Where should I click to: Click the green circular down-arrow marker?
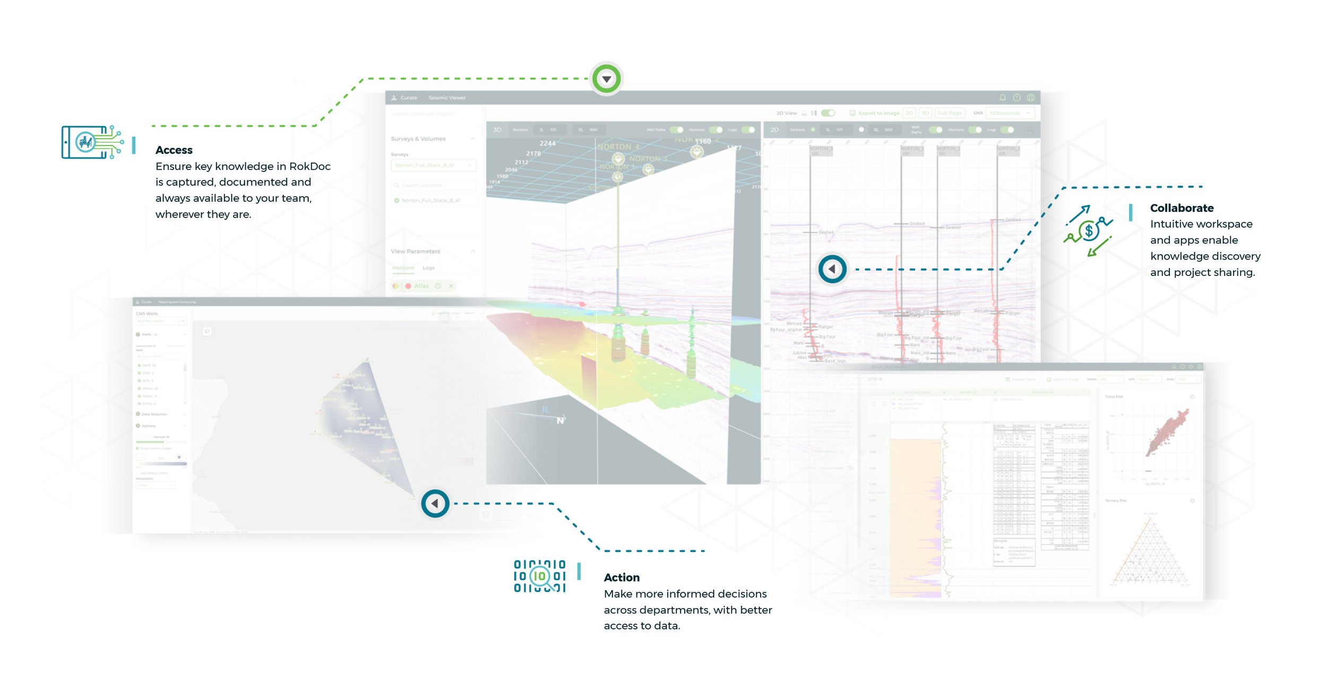coord(606,79)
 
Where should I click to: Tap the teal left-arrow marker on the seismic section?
coord(832,269)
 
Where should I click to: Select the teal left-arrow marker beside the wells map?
coord(435,503)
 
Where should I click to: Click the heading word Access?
coord(174,150)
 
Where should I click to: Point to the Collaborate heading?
coord(1182,208)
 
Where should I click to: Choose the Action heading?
coord(622,577)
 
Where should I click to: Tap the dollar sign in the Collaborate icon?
coord(1089,231)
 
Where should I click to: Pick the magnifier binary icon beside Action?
coord(540,576)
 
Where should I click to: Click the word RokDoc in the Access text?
coord(309,167)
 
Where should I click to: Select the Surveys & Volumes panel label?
coord(418,139)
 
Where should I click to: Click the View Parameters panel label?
coord(415,252)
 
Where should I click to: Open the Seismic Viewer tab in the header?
coord(447,98)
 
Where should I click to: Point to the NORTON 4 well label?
coord(618,147)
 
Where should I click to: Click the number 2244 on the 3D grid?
coord(547,143)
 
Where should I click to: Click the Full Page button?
coord(949,113)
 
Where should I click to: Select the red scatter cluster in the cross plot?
coord(1169,433)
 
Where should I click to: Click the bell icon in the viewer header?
coord(1003,98)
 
